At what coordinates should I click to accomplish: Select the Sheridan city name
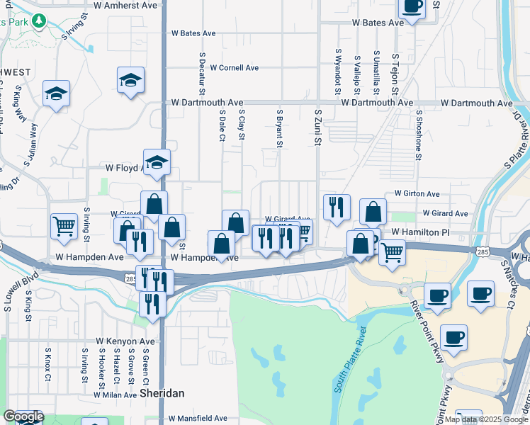162,392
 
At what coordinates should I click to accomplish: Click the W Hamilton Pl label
420,232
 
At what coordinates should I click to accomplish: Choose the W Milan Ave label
112,395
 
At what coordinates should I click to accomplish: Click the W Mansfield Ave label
198,419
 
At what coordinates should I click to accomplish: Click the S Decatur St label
202,73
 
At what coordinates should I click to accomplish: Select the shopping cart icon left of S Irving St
64,226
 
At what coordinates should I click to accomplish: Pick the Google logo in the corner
23,416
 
